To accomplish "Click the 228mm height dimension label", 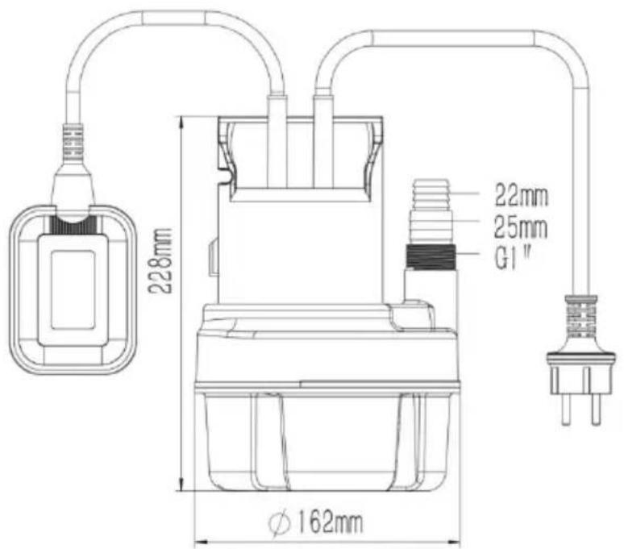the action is [x=160, y=260].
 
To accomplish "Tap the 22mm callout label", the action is [x=522, y=195].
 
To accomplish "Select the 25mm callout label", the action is [x=521, y=227].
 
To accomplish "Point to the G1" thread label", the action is [x=514, y=259].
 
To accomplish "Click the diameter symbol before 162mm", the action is [x=279, y=522].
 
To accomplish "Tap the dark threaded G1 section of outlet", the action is [x=431, y=257].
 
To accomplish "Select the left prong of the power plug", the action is [x=565, y=410].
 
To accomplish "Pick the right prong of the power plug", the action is [x=595, y=410].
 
